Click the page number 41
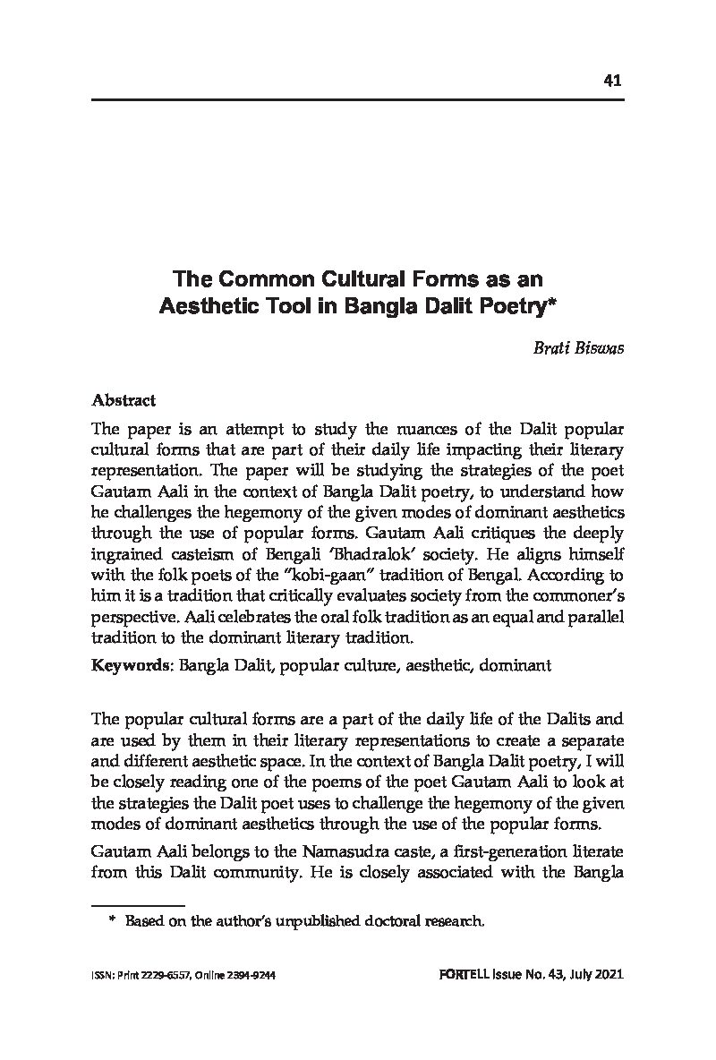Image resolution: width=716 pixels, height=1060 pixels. pos(612,81)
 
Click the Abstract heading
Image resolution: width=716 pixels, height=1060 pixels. pos(124,400)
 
